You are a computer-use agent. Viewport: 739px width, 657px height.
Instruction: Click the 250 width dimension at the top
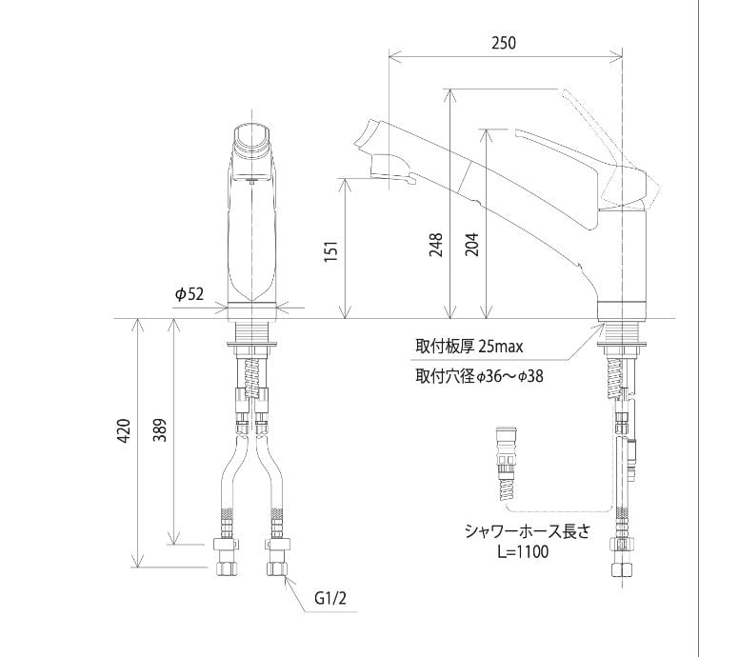click(x=504, y=43)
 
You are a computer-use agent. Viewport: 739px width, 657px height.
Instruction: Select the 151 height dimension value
click(x=331, y=251)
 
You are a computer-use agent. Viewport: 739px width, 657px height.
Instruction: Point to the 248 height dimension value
click(x=436, y=245)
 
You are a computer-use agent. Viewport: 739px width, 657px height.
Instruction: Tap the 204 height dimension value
click(x=471, y=245)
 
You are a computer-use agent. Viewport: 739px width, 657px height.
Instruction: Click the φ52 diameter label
click(x=190, y=294)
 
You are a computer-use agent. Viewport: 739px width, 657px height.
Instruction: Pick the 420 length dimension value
click(x=124, y=430)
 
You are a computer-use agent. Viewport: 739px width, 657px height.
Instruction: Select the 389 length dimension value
click(x=160, y=429)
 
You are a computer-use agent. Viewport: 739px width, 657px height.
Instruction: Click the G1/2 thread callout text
click(x=330, y=599)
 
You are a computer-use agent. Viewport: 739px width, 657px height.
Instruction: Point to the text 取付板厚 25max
click(x=469, y=347)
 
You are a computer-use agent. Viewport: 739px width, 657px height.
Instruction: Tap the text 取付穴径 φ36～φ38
click(x=479, y=376)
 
